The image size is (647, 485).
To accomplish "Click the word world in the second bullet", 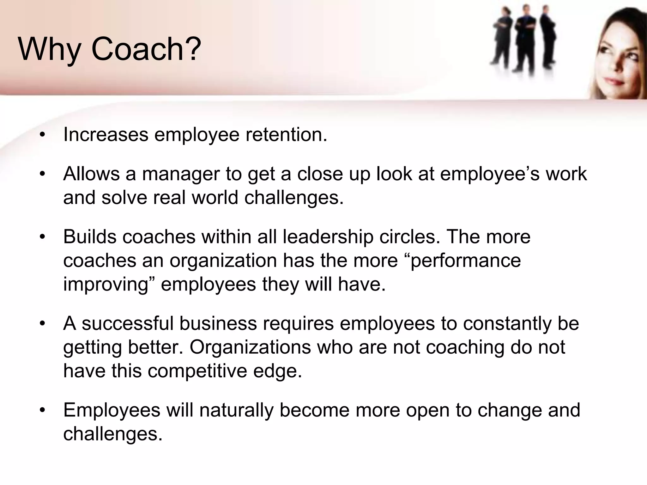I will [x=215, y=198].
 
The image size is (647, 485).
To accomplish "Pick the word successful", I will [x=128, y=324].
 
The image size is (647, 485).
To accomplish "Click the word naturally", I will [x=236, y=410].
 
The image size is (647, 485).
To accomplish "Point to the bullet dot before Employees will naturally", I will [x=42, y=410].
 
